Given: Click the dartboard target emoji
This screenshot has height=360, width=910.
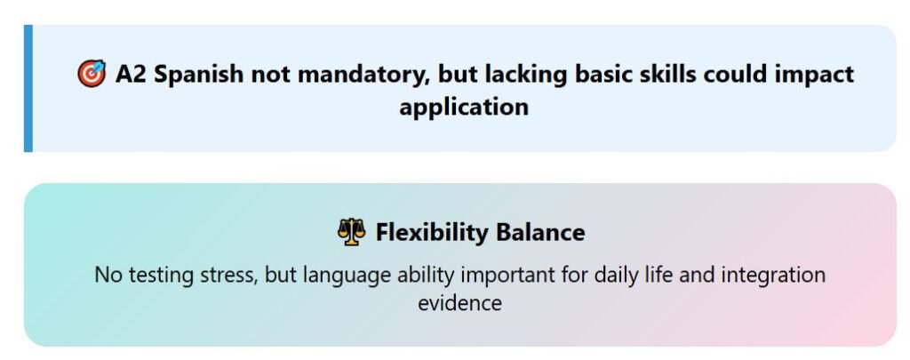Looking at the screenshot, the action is [92, 74].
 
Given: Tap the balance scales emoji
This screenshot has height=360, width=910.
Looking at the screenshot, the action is [352, 232].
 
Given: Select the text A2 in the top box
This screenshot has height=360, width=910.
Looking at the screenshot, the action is [131, 75].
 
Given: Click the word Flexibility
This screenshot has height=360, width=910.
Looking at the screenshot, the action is [432, 233].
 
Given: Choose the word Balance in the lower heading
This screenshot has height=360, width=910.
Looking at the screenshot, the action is [540, 232].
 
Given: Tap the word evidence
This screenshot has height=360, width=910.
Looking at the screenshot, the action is [459, 303].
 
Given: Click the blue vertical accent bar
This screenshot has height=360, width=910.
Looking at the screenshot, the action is [28, 88].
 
